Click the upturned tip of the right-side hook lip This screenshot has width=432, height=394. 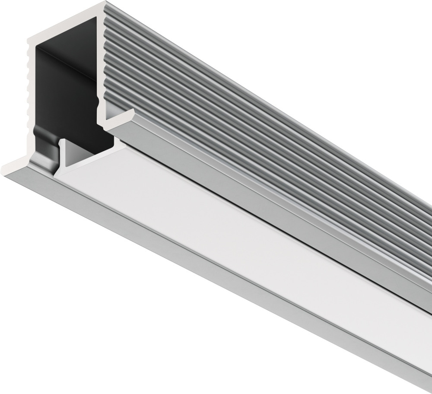click(131, 113)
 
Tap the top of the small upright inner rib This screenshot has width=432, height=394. click(63, 141)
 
